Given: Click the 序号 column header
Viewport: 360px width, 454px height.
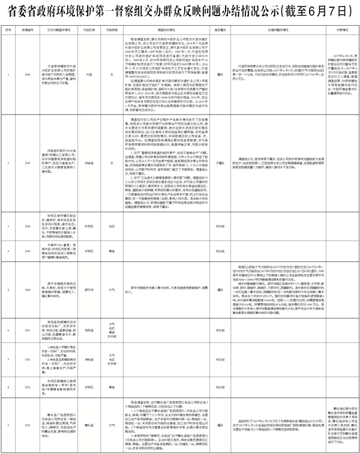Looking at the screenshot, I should click(10, 28).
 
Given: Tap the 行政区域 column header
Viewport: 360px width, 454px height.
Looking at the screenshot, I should click(89, 28).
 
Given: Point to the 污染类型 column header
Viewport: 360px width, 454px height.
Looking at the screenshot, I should click(112, 28).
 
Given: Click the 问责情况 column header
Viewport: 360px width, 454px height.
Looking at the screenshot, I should click(333, 28).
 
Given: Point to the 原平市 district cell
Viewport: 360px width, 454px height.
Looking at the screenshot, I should click(89, 289).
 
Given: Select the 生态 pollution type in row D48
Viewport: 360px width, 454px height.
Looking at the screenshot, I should click(112, 226).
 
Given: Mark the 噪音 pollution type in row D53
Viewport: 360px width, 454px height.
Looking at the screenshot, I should click(112, 387).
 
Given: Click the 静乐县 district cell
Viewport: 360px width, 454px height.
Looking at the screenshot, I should click(89, 425).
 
